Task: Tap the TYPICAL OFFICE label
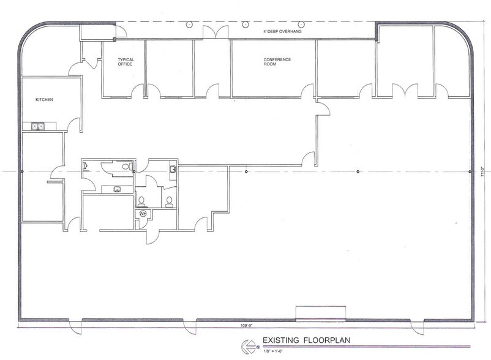(x=126, y=61)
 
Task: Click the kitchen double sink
(x=38, y=127)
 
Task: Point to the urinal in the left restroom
(x=85, y=165)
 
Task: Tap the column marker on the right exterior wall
(x=469, y=171)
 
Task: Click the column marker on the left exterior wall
(x=21, y=171)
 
